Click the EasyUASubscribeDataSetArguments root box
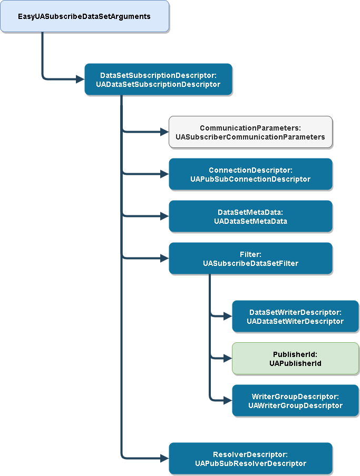[84, 16]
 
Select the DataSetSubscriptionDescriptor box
[158, 80]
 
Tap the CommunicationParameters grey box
[250, 132]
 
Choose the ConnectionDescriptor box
[250, 174]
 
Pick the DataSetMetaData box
[250, 216]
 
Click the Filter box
[250, 259]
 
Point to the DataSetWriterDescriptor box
[295, 316]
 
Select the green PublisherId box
[295, 359]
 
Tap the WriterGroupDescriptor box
[295, 401]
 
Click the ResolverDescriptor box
[250, 459]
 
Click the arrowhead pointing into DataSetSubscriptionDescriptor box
[80, 80]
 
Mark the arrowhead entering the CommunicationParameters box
[164, 132]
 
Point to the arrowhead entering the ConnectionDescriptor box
[164, 174]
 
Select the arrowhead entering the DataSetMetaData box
[164, 216]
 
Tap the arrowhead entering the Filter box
[164, 259]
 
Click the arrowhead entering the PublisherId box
[228, 359]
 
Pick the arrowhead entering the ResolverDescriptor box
[164, 459]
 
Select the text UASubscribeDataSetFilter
[250, 263]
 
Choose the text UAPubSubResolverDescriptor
[250, 463]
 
